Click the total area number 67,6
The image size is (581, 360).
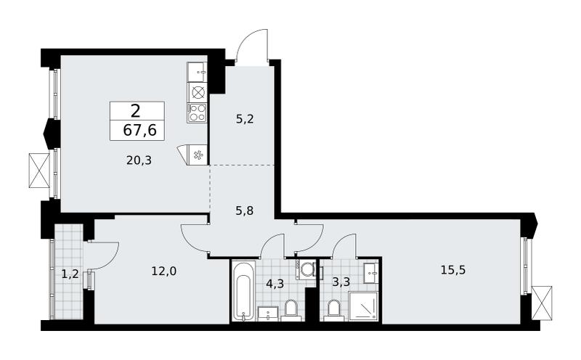coord(139,131)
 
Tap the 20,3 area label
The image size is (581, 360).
coord(139,160)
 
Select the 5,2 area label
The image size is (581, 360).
coord(245,119)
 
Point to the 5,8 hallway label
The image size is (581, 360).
coord(245,210)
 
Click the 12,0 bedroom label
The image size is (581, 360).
coord(164,271)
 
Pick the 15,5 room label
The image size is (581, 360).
coord(452,270)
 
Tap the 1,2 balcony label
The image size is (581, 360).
coord(70,274)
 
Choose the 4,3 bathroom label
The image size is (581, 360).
coord(275,284)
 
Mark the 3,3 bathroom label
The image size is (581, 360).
coord(341,282)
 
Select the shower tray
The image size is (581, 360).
coord(363,306)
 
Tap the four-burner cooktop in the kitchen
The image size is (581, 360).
coord(198,112)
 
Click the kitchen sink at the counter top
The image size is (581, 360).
coord(197,72)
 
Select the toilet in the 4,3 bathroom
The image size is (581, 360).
coord(291,310)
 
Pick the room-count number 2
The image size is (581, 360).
coord(136,110)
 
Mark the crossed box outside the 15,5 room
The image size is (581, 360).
coord(542,303)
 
